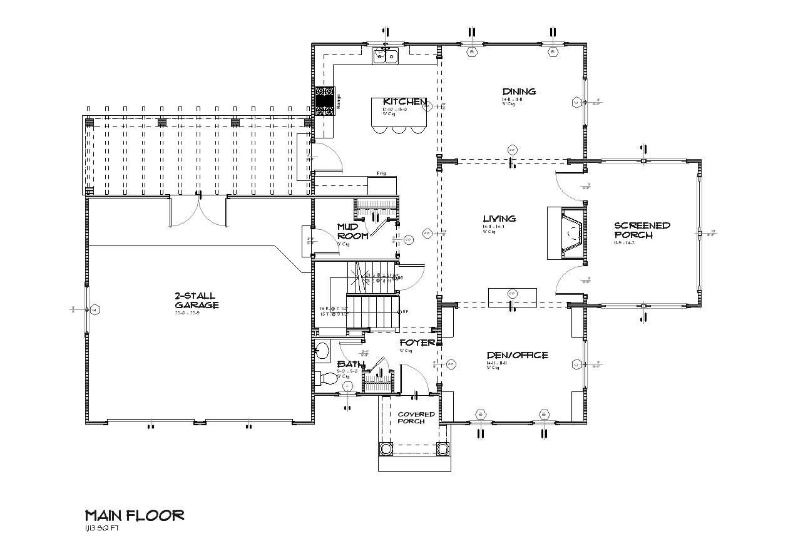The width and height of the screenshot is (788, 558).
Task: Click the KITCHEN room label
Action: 405,101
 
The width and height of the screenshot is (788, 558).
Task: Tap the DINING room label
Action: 519,91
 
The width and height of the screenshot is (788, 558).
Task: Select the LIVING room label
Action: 499,219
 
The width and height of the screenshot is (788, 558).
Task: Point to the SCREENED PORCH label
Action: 642,230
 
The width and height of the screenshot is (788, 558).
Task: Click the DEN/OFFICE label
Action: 517,355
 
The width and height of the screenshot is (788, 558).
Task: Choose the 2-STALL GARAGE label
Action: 197,300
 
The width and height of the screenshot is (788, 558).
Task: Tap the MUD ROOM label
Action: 352,230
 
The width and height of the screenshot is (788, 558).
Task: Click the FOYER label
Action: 417,343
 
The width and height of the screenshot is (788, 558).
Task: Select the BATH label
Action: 351,364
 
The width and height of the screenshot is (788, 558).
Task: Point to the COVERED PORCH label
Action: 416,418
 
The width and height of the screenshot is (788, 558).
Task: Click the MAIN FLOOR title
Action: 135,515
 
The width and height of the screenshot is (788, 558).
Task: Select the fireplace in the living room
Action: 567,233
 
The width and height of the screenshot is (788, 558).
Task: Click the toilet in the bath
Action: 327,378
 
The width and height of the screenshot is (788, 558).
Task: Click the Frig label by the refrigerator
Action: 380,173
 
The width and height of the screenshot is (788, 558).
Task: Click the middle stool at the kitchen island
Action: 398,129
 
